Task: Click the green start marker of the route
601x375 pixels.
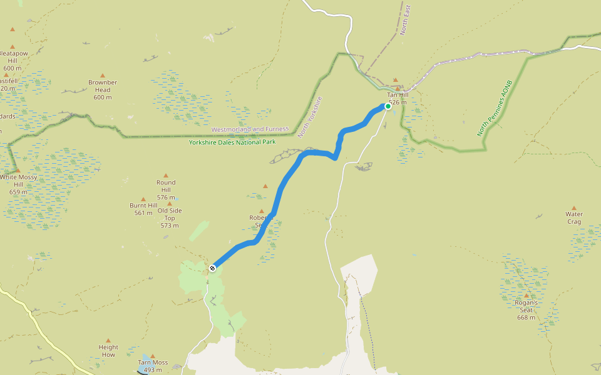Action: point(388,106)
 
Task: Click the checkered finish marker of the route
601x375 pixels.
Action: point(213,268)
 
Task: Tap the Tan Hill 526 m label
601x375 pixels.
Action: point(398,98)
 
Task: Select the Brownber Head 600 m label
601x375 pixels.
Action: point(103,89)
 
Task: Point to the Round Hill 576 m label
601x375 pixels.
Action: point(166,189)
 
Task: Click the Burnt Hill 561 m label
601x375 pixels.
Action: point(143,209)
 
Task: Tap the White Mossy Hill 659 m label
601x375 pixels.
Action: point(18,184)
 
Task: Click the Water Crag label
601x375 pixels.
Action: point(574,217)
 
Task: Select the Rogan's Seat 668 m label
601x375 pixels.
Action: point(526,310)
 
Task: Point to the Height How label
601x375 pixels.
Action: point(108,351)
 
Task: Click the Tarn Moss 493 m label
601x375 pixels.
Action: point(153,366)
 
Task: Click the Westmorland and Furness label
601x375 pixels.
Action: point(250,129)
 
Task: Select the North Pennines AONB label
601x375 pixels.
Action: point(495,107)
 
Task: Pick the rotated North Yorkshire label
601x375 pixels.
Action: point(310,117)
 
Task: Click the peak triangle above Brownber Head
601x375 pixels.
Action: point(103,75)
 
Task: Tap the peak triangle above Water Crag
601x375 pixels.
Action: point(574,207)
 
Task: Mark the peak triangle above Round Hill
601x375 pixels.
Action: point(166,176)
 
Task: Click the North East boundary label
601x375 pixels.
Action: point(406,19)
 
